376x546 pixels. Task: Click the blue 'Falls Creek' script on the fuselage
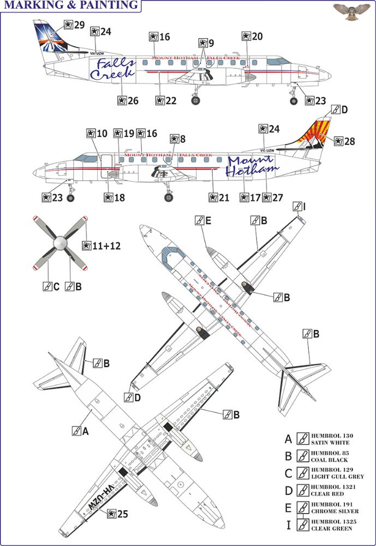pos(112,70)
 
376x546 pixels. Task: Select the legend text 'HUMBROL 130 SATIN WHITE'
pos(333,438)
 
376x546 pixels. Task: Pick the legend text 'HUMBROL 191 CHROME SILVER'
pos(335,508)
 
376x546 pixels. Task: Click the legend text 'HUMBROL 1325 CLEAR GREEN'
pos(334,526)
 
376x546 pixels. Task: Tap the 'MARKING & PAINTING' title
pos(71,5)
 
